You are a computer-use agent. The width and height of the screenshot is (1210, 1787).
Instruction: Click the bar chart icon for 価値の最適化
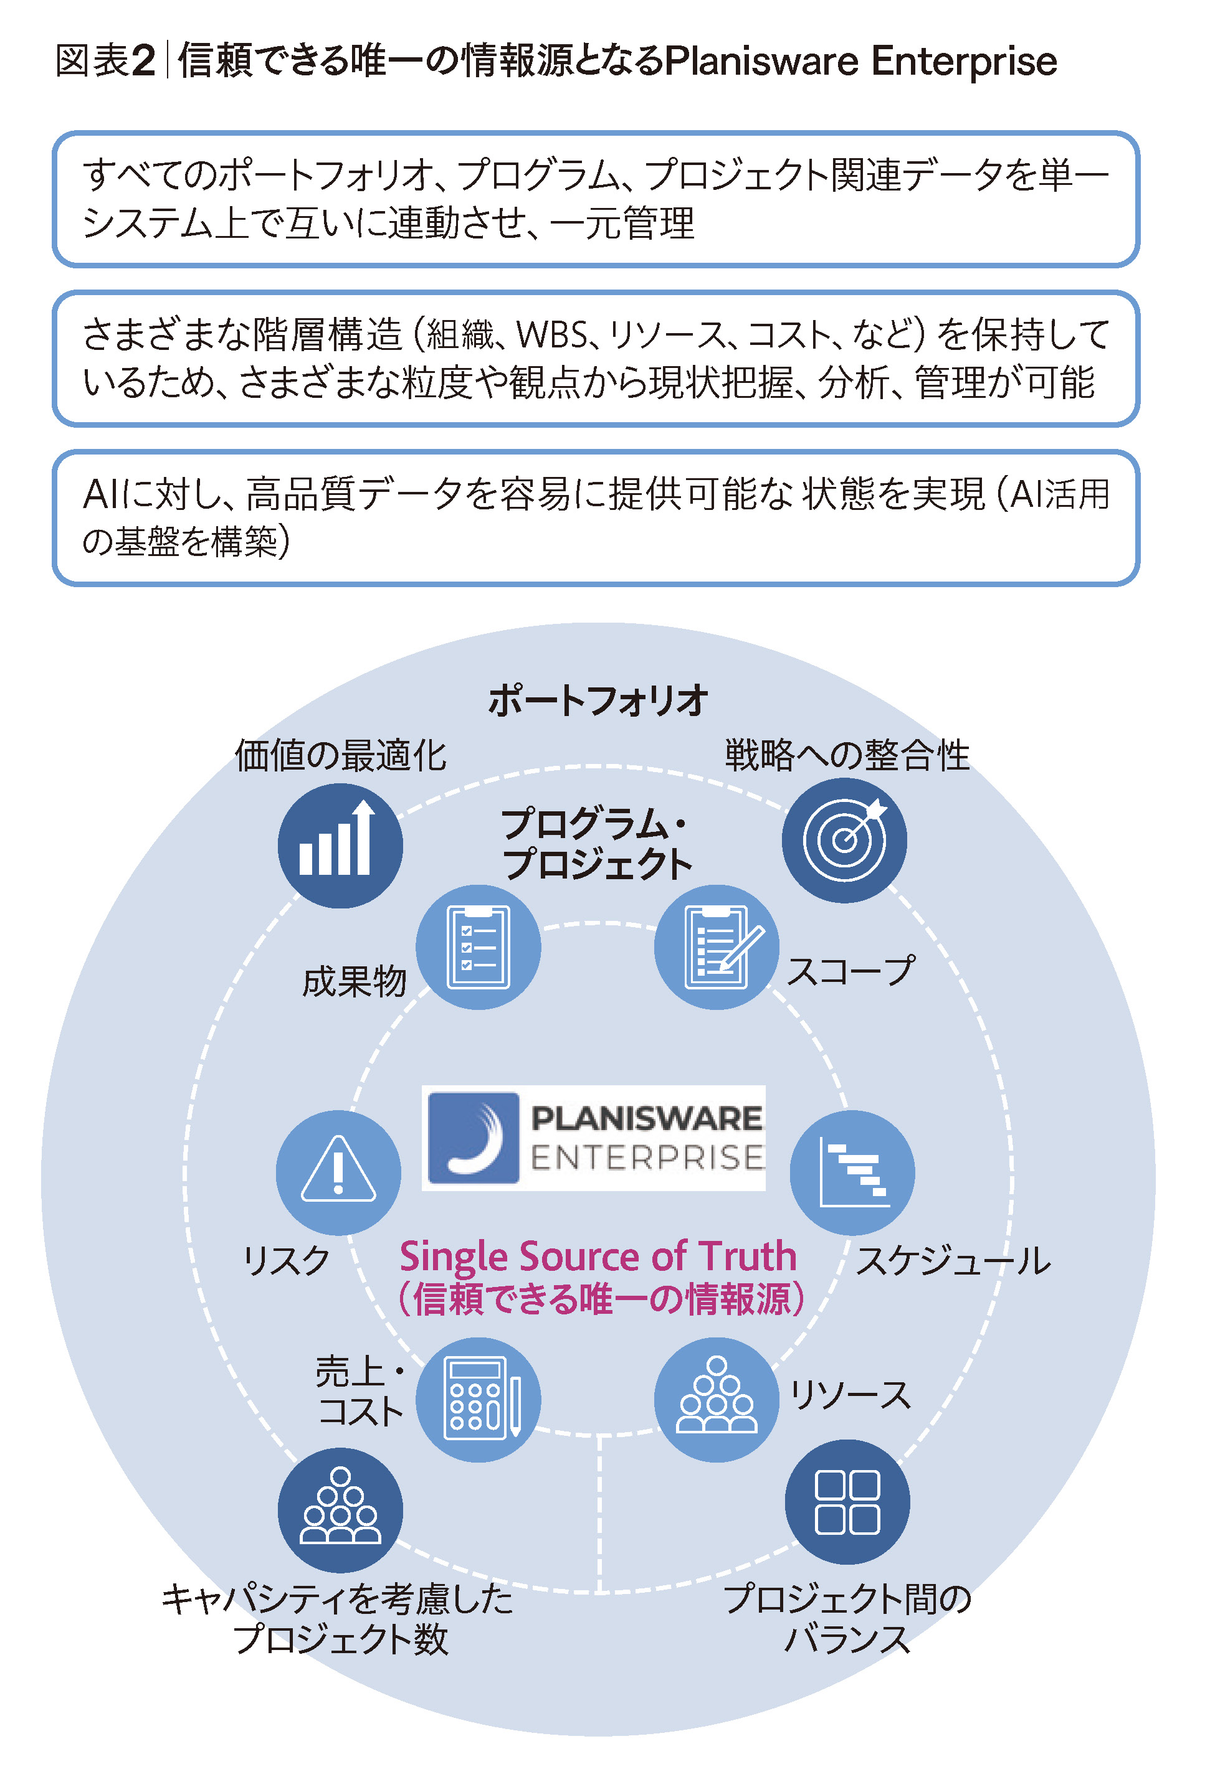(340, 845)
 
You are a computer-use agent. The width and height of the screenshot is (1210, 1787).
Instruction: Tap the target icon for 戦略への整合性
(844, 840)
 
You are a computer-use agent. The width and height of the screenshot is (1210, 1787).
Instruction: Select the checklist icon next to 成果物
(478, 946)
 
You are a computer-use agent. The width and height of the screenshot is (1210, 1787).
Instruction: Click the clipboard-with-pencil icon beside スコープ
(716, 946)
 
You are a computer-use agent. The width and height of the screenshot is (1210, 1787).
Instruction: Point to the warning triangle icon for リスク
(338, 1172)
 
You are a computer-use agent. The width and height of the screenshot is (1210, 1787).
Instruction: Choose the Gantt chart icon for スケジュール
(852, 1172)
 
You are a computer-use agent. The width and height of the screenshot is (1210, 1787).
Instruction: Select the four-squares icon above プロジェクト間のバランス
(847, 1502)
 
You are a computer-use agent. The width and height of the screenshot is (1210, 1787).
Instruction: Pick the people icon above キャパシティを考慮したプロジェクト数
(340, 1509)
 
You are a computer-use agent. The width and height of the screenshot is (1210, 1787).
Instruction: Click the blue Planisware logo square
(473, 1138)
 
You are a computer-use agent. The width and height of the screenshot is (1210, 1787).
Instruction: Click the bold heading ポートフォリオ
(598, 700)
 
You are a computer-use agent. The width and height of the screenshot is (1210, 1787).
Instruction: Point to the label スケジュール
(952, 1261)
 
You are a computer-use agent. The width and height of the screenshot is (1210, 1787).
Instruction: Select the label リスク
(286, 1261)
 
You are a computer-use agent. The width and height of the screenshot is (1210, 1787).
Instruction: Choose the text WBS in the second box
(551, 335)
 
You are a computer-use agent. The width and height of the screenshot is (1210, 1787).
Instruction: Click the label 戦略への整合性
(846, 755)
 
